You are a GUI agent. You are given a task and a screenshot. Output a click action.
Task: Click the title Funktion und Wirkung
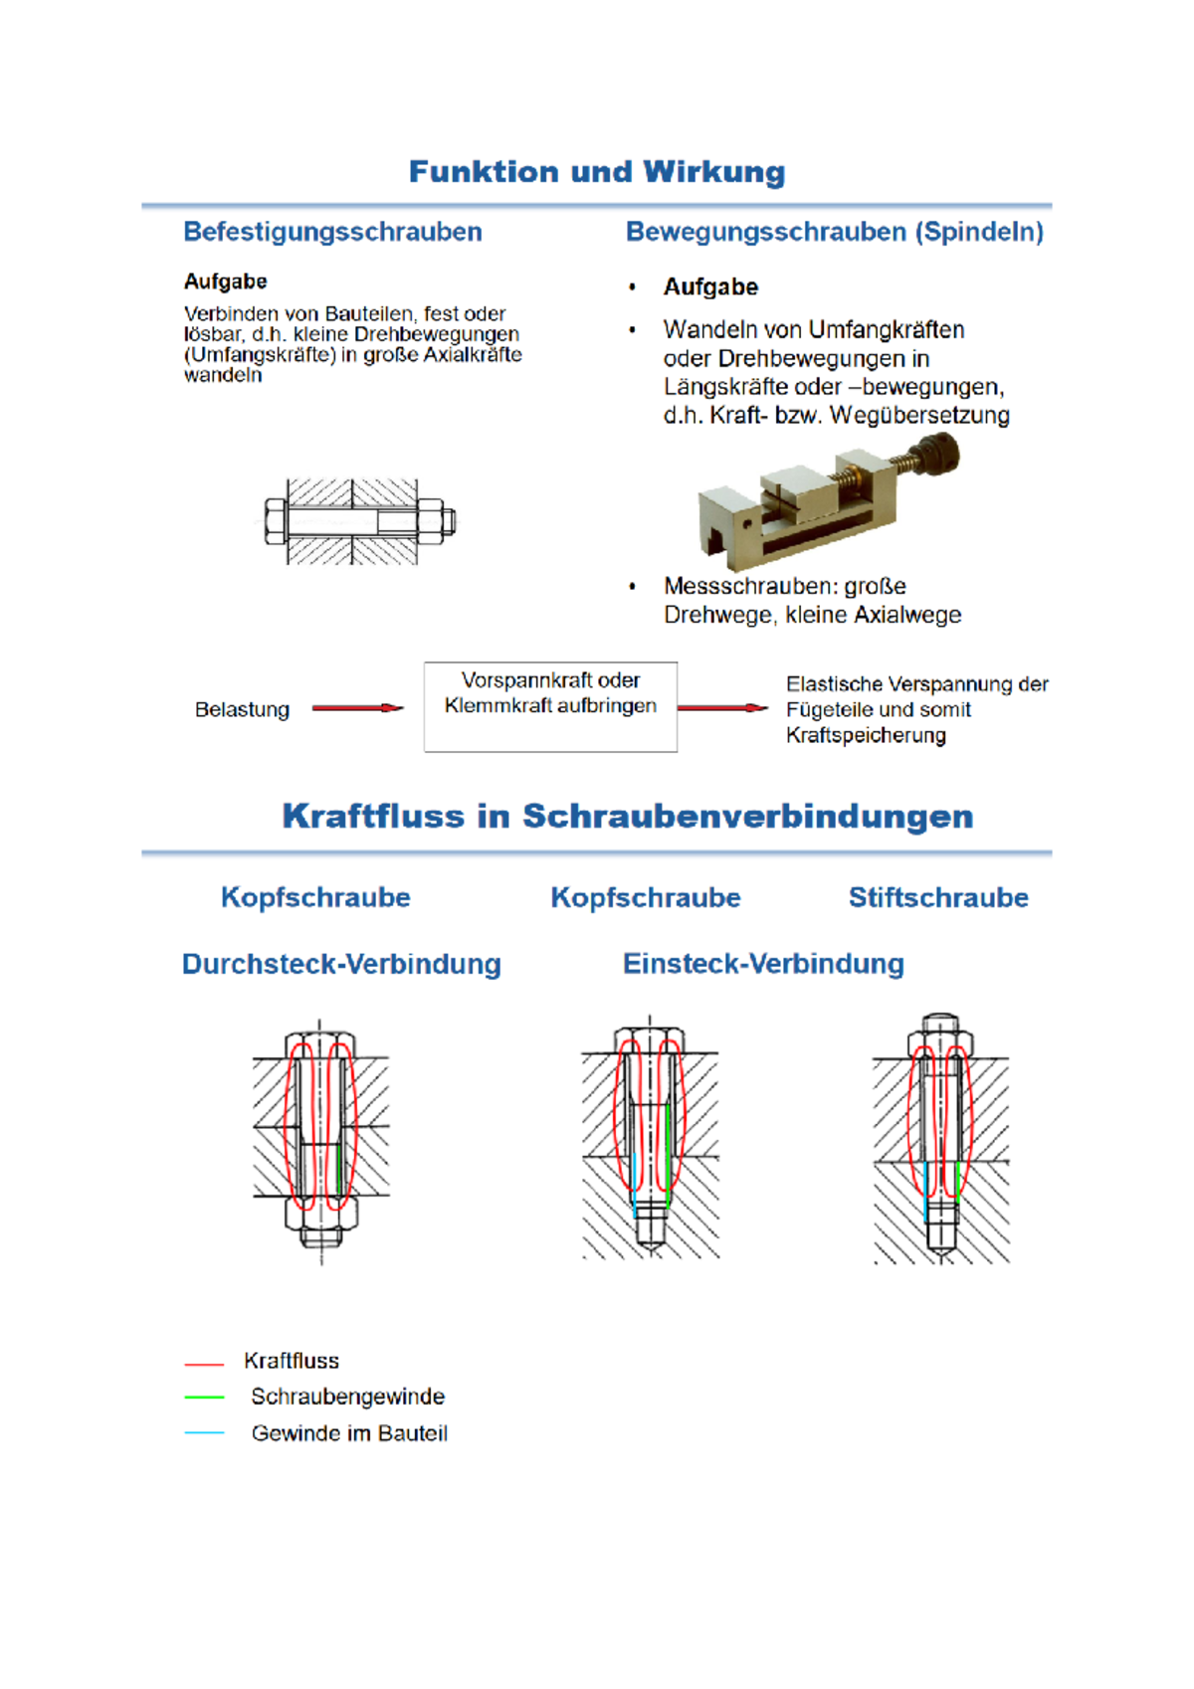tap(597, 172)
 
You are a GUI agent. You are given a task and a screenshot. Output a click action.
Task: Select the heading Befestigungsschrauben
tap(332, 232)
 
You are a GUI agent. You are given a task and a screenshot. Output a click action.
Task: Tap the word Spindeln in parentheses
tap(979, 232)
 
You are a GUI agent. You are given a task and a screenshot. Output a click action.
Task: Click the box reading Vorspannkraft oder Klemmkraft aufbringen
tap(550, 706)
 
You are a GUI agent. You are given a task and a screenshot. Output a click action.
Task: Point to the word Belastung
tap(242, 710)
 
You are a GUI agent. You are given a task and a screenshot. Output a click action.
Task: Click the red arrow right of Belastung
tap(357, 708)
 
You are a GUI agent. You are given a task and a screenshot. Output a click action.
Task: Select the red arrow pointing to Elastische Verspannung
tap(722, 708)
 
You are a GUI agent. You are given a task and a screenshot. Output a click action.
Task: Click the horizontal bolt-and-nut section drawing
tap(360, 521)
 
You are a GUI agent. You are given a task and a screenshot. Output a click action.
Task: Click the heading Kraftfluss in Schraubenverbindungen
tap(628, 817)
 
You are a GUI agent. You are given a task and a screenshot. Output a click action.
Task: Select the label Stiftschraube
tap(938, 897)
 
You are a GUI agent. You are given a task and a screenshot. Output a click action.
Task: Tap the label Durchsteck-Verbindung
tap(341, 965)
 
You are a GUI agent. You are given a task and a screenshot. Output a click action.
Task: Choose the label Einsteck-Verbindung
tap(763, 965)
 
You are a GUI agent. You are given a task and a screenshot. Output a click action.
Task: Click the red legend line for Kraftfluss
tap(204, 1364)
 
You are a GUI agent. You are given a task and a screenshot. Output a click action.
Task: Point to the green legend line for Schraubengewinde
tap(204, 1398)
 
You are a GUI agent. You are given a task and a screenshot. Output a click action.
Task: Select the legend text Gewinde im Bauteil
tap(349, 1433)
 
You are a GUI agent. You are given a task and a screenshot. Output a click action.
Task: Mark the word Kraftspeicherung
tap(866, 735)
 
